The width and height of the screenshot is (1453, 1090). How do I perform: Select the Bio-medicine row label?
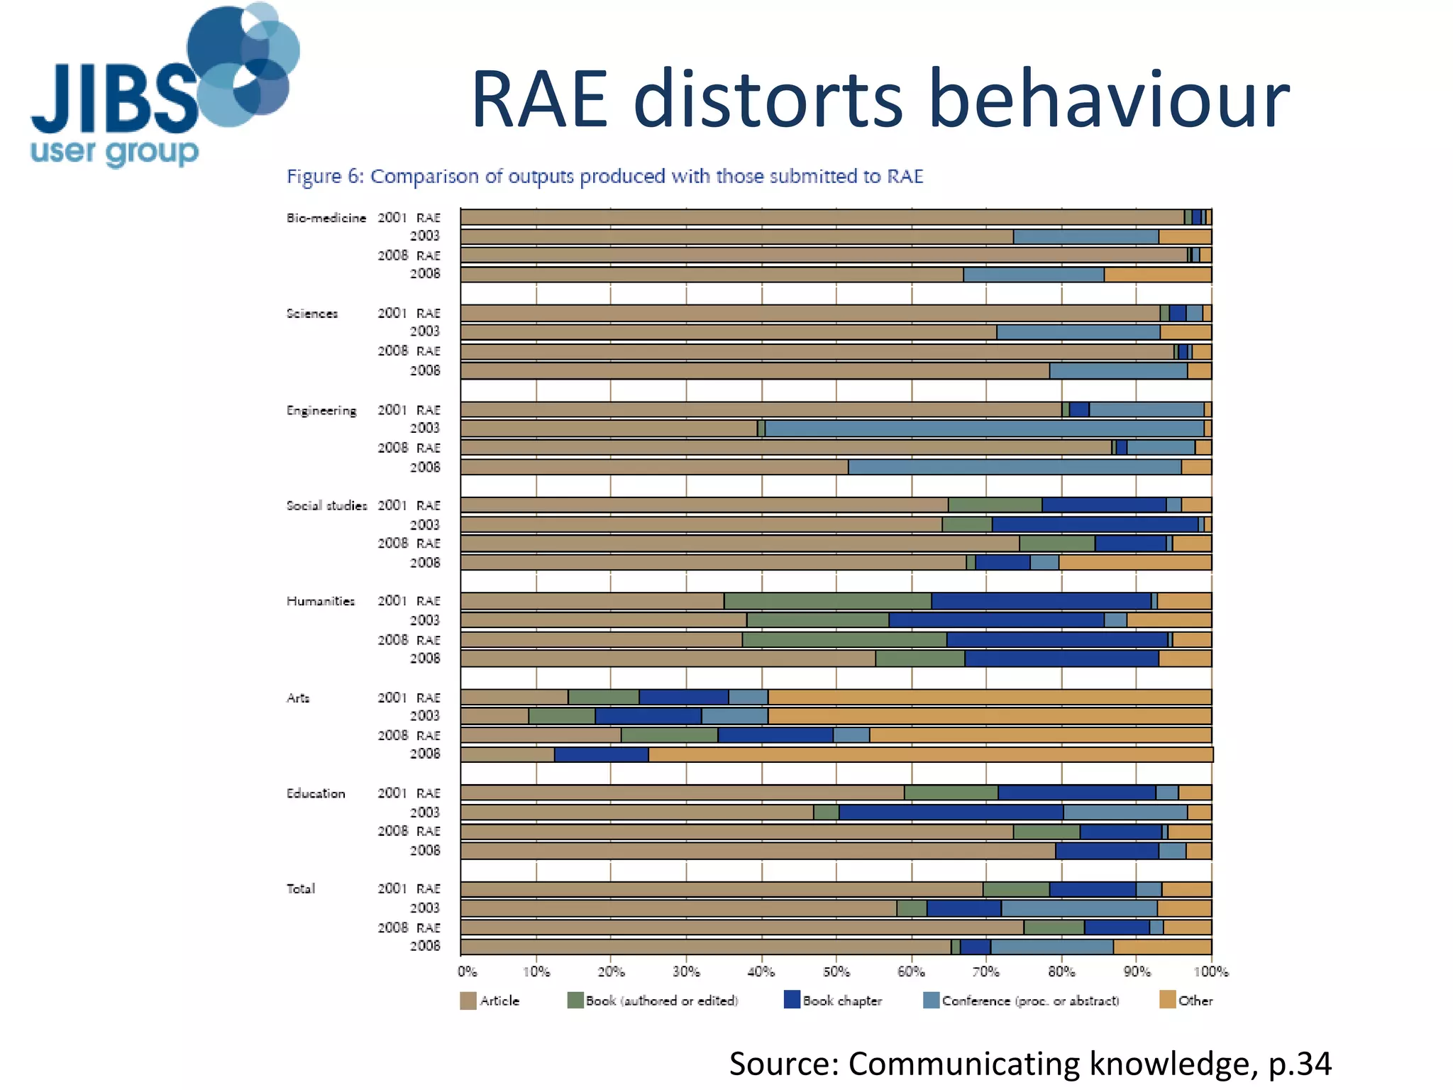coord(326,218)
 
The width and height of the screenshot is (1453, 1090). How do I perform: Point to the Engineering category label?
coord(321,411)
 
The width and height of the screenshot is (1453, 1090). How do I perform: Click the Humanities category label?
coord(321,601)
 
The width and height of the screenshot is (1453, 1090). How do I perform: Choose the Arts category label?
coord(298,698)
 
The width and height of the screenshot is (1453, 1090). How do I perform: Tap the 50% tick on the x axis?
coord(836,971)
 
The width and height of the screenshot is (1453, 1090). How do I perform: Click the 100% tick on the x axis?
coord(1210,971)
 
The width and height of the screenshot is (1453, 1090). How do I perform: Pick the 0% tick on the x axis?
coord(468,971)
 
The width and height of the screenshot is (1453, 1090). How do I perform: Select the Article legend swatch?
coord(468,1001)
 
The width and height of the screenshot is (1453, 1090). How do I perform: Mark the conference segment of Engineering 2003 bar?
coord(984,429)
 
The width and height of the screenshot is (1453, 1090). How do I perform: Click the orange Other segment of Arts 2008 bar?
coord(929,754)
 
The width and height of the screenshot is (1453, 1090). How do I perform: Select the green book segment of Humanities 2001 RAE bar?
coord(827,601)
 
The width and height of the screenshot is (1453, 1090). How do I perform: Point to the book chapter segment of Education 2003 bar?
coord(951,813)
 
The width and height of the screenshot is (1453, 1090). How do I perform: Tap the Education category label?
coord(316,793)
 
